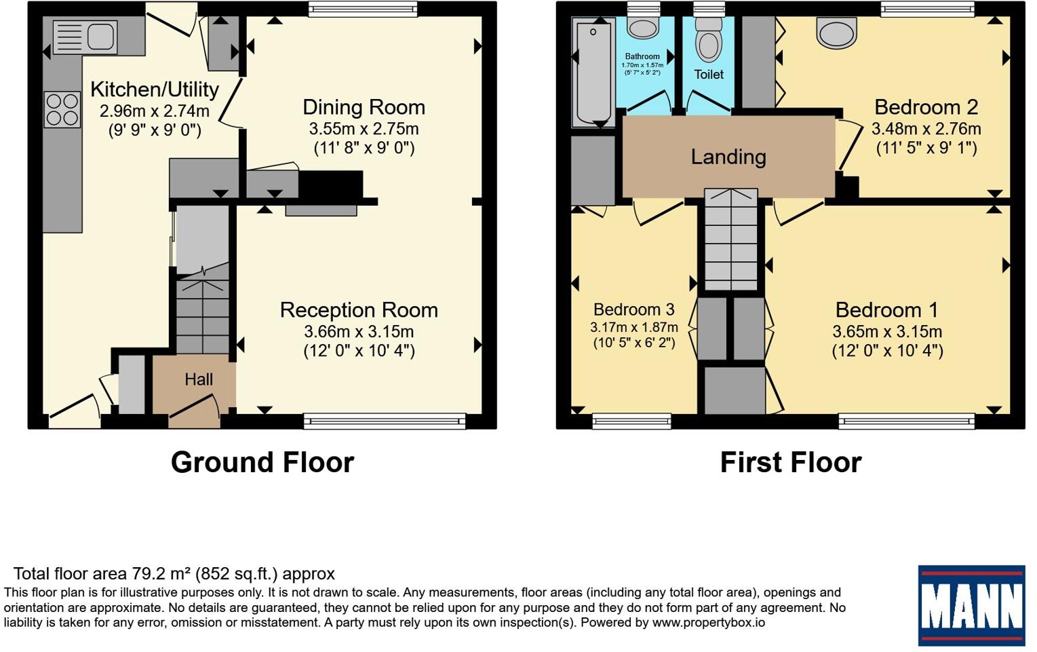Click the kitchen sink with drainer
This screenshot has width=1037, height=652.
(85, 37)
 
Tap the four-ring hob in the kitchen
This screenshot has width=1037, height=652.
(62, 110)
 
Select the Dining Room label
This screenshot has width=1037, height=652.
(364, 107)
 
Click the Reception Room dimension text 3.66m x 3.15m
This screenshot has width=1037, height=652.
(359, 332)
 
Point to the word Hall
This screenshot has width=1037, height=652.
(199, 380)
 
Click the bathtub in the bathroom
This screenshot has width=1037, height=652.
(593, 72)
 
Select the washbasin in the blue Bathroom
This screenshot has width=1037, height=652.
(642, 28)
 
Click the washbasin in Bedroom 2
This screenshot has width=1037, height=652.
(836, 33)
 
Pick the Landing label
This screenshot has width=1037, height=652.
(728, 157)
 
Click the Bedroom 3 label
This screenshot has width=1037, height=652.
(633, 309)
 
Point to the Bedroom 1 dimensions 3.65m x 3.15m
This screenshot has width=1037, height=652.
(887, 332)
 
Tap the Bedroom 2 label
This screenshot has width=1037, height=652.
(926, 107)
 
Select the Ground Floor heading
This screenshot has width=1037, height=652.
(262, 462)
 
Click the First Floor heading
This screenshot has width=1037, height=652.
(791, 462)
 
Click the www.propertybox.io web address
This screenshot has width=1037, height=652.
(708, 622)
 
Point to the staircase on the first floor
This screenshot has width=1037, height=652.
(731, 239)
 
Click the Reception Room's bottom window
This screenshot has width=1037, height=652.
(385, 421)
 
